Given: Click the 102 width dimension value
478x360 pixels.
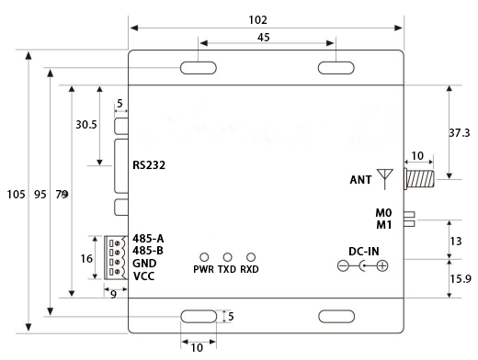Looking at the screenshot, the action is tap(257, 20).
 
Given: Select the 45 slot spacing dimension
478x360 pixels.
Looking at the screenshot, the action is tap(264, 38).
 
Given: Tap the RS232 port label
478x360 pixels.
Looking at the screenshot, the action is tap(149, 165).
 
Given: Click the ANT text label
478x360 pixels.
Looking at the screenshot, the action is tap(360, 180).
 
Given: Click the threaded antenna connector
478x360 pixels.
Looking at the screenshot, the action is tap(419, 179).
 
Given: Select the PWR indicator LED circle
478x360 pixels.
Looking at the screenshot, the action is tap(204, 257).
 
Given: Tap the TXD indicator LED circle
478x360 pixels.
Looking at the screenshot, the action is tap(227, 257).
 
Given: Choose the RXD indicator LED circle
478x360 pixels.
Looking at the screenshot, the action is tap(251, 257).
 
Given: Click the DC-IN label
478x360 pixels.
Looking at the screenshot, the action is tap(364, 252).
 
